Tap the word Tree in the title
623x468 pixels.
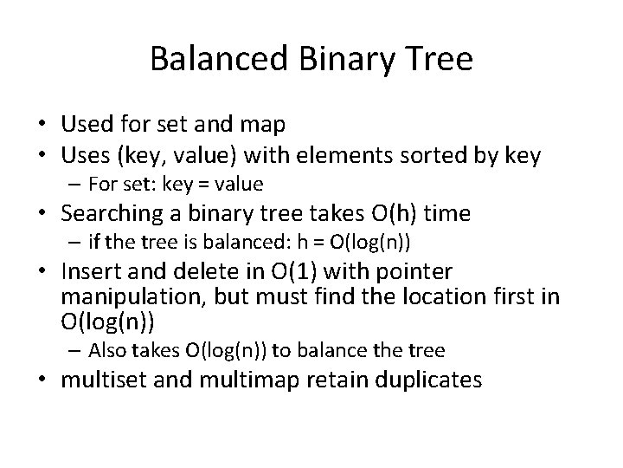click(439, 60)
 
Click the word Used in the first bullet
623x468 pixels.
click(86, 126)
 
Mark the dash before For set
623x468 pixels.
click(76, 185)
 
